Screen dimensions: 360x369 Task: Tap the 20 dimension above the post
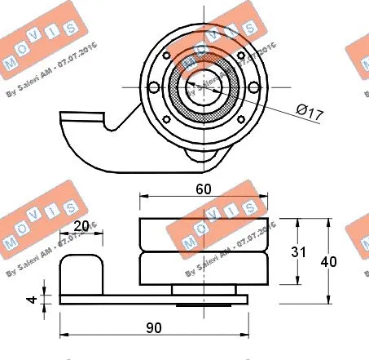tap(81, 227)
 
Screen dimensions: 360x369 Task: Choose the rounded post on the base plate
tap(84, 273)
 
